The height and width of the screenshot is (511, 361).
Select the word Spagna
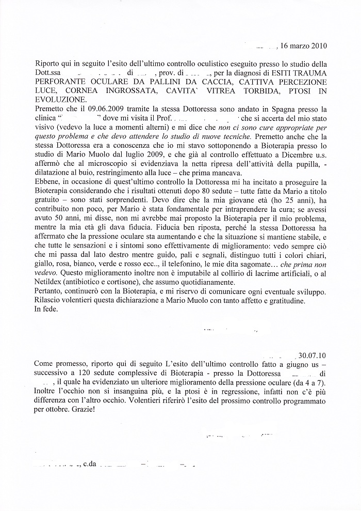(278, 110)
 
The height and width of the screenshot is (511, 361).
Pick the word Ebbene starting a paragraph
(48, 184)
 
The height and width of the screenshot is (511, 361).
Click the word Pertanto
(51, 292)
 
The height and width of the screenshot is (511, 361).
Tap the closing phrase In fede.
(47, 310)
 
